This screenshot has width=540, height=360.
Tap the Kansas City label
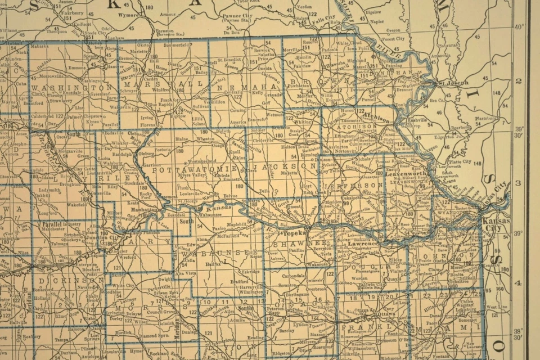(496, 224)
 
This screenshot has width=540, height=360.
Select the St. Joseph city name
(453, 83)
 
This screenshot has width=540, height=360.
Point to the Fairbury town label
(73, 11)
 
